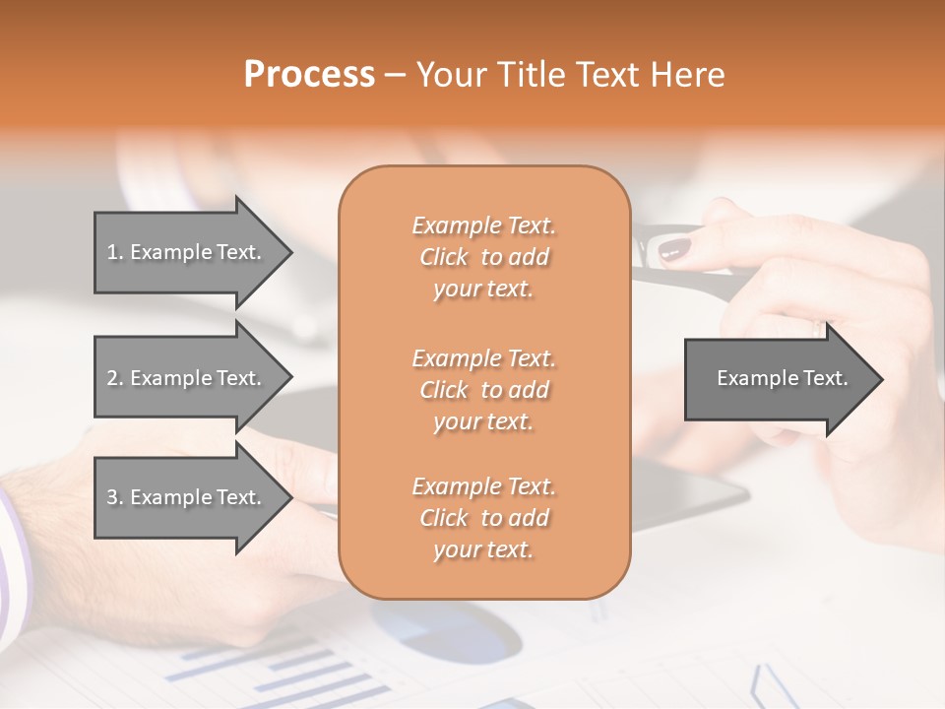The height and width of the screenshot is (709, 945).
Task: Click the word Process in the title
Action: (309, 75)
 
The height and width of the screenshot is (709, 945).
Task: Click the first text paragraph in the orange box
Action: (483, 257)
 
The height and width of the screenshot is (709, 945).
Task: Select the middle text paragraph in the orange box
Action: (483, 390)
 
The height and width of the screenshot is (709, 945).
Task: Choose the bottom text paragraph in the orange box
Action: (483, 518)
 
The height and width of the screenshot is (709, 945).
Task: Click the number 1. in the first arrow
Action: (115, 252)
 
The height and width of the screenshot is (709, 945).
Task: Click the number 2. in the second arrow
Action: (115, 378)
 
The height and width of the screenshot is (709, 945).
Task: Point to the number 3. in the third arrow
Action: (115, 497)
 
